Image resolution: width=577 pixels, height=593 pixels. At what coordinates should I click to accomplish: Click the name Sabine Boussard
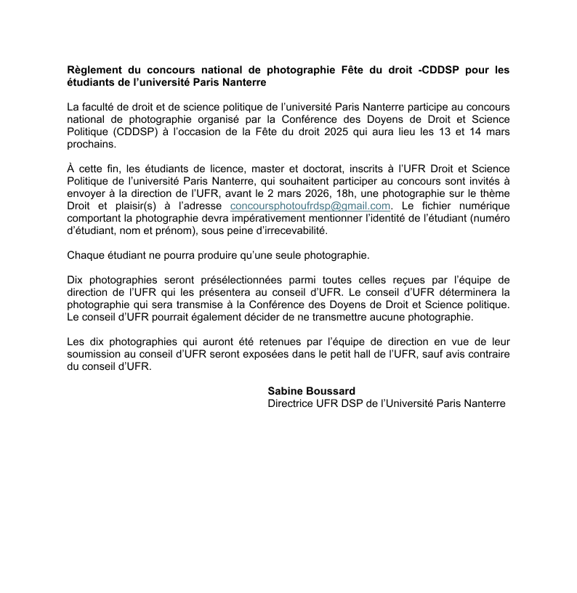pyautogui.click(x=311, y=391)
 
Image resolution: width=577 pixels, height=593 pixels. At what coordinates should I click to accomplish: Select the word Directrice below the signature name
pyautogui.click(x=291, y=403)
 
